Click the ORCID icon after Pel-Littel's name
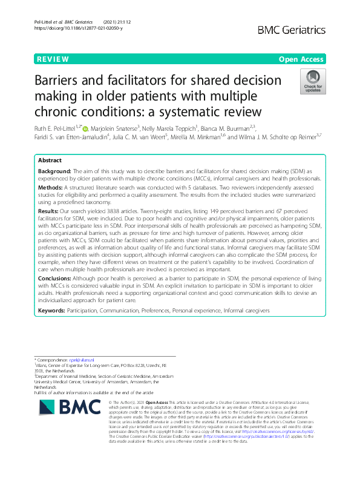point(85,128)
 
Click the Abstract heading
point(50,161)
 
